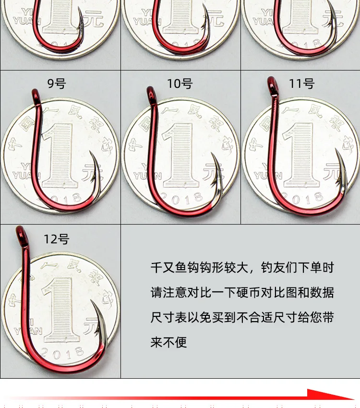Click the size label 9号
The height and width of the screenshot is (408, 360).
56,84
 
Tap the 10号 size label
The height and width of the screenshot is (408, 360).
180,84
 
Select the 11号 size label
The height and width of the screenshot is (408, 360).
301,84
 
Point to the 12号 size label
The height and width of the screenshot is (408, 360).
56,239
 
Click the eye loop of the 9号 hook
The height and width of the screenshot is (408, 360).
35,94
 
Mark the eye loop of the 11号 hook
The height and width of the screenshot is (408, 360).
273,84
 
